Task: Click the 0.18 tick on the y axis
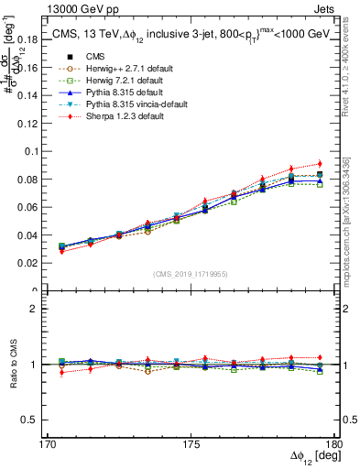tap(31, 39)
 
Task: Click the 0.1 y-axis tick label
tap(34, 151)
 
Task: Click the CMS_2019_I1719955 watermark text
tap(191, 274)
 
